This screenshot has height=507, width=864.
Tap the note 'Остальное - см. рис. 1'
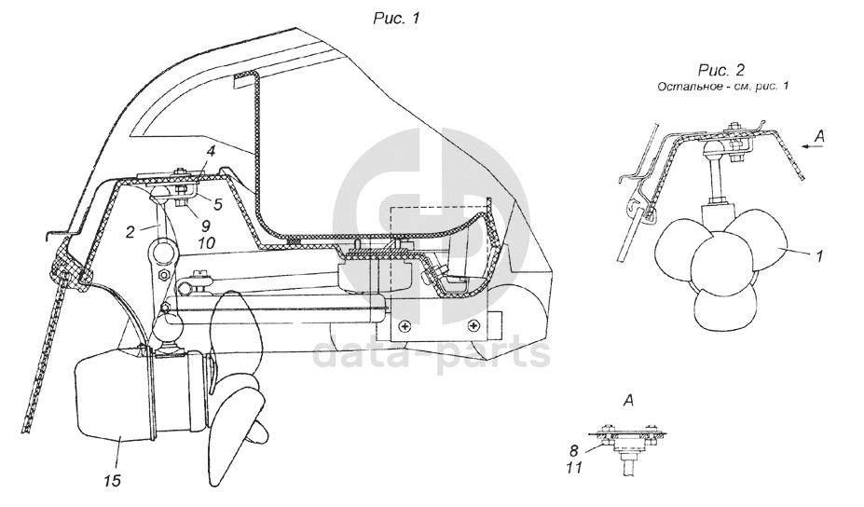(x=722, y=86)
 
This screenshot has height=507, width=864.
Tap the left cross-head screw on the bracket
(x=404, y=326)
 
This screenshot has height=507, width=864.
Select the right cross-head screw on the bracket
(x=474, y=326)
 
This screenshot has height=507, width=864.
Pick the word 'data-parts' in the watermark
(x=432, y=353)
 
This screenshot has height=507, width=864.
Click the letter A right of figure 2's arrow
(x=821, y=137)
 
